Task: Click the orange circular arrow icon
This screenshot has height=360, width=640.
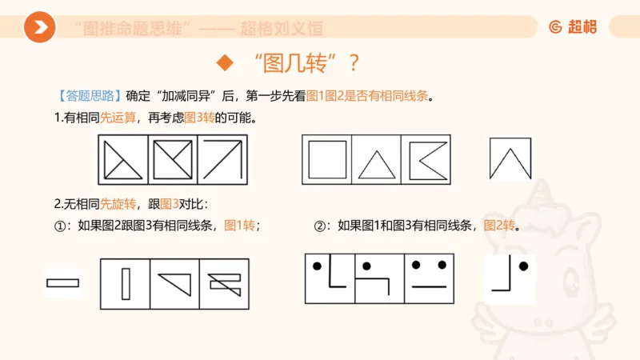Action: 39,28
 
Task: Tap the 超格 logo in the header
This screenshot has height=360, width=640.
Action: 572,27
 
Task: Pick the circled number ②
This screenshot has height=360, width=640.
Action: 320,226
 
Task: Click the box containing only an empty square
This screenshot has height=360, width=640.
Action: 326,158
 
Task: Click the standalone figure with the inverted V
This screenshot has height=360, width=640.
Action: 510,158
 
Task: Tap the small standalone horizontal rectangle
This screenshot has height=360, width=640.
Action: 62,282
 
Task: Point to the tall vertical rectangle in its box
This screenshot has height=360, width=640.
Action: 125,283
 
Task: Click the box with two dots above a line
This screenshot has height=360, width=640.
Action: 429,278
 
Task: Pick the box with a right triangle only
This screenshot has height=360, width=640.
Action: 174,283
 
